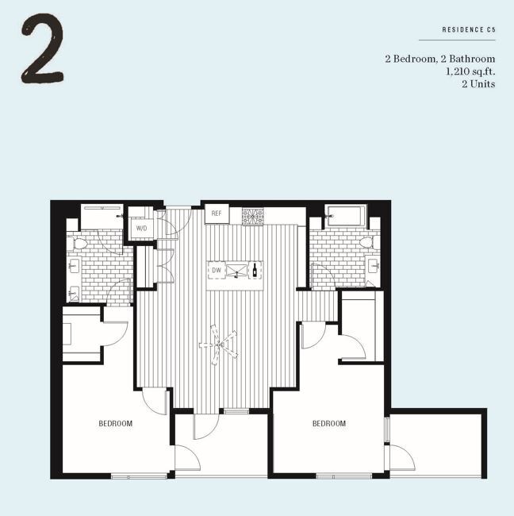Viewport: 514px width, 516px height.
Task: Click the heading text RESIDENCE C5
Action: [x=469, y=29]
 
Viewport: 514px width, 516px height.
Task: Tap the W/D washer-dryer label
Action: [x=142, y=228]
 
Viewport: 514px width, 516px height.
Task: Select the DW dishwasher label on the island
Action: [x=217, y=271]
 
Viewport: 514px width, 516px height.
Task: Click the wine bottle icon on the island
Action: [x=255, y=270]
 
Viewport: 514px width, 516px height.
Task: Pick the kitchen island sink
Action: [x=236, y=271]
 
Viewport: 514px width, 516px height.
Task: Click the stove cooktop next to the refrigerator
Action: [x=252, y=216]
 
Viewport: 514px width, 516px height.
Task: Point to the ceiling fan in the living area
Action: [x=219, y=345]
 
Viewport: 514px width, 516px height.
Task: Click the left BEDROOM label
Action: [x=116, y=423]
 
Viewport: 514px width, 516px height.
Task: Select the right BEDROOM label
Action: [x=329, y=423]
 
